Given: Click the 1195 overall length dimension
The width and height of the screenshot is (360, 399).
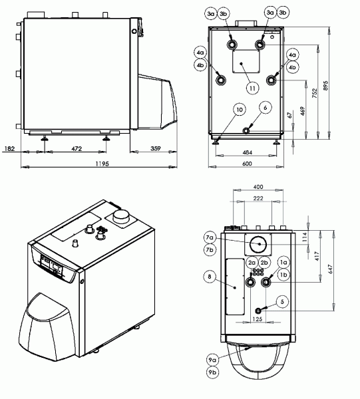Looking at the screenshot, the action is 102,164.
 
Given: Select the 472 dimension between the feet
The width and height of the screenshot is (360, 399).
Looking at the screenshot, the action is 77,148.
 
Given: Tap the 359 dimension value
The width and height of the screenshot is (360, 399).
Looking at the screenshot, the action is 156,148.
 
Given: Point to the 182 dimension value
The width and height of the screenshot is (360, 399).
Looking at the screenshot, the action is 10,148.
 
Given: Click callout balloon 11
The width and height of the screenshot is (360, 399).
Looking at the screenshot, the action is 252,88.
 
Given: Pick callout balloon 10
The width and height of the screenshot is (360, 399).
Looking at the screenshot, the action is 240,110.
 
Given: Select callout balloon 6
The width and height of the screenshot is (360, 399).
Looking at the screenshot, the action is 266,108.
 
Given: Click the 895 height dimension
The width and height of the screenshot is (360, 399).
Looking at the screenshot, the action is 325,86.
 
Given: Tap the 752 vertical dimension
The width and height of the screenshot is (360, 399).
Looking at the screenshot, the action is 315,93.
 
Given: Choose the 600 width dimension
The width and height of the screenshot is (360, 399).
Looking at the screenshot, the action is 247,164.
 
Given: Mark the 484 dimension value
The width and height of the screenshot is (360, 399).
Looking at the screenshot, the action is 248,152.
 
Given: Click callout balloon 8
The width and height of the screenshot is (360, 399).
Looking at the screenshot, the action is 210,277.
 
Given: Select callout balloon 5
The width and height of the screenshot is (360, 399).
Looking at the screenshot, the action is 282,302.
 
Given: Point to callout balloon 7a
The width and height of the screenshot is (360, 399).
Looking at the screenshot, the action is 210,237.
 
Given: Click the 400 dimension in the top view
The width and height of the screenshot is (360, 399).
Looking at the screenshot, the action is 258,187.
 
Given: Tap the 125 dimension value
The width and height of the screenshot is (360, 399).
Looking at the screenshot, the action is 258,319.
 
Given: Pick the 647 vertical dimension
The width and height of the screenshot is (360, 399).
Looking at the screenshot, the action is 330,269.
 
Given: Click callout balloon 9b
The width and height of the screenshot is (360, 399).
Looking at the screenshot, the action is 212,372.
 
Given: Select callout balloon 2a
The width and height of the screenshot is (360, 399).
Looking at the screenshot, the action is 252,263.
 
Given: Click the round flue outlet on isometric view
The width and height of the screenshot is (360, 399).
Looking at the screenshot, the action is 121,216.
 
